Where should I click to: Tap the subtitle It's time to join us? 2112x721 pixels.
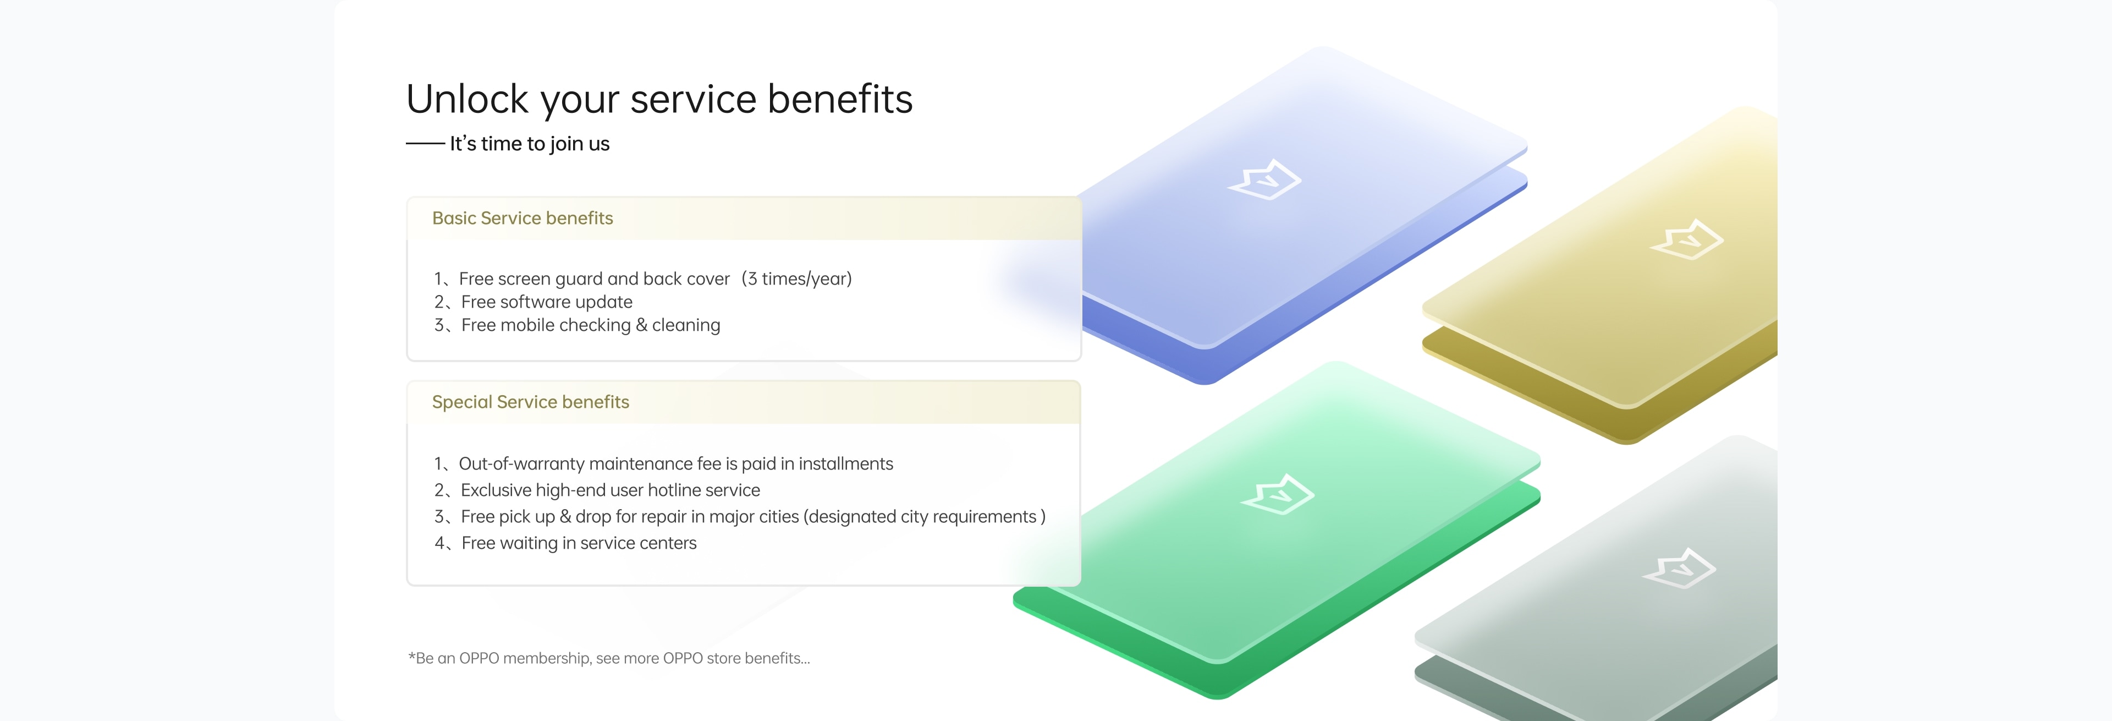coord(530,144)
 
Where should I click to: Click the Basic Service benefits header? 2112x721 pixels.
coord(522,218)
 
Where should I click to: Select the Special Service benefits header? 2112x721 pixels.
coord(530,402)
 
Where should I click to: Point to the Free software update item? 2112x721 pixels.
coord(533,302)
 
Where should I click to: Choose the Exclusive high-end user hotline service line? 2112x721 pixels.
coord(597,490)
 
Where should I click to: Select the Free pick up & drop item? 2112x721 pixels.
coord(740,517)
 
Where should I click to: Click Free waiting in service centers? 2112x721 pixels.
coord(565,543)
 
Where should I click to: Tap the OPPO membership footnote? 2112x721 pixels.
coord(609,658)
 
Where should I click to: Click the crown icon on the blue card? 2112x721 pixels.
coord(1264,179)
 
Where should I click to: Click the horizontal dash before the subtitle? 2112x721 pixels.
coord(426,144)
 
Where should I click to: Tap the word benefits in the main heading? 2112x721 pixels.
coord(840,99)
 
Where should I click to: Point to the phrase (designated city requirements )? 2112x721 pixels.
coord(925,517)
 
